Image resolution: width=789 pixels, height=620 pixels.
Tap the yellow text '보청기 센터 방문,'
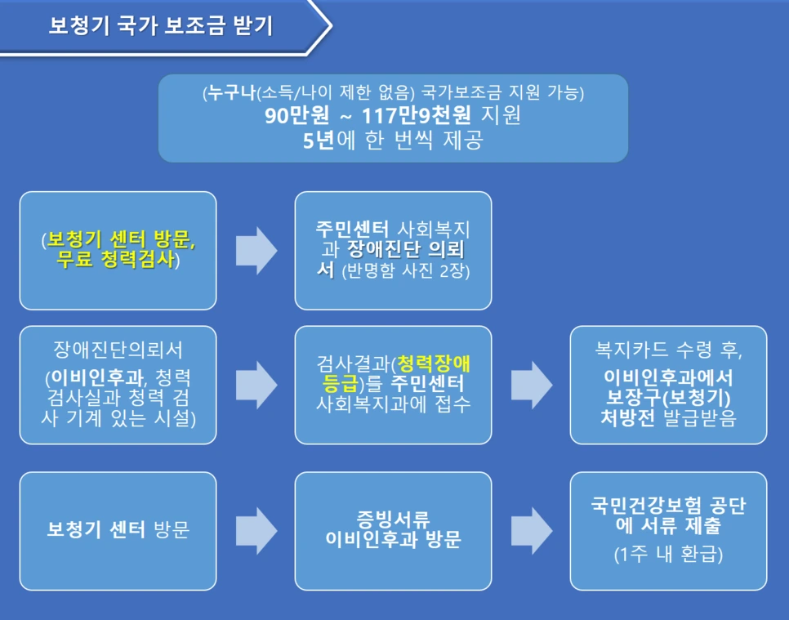(122, 240)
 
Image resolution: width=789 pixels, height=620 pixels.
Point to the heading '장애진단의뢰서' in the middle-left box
(118, 350)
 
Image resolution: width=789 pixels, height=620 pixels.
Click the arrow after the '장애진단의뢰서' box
(256, 385)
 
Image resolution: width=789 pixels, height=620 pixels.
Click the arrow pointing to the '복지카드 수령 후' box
(531, 385)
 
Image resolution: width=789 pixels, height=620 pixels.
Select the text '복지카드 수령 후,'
(668, 350)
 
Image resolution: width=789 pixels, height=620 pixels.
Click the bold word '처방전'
(624, 418)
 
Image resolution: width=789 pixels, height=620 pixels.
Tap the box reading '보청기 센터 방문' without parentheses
(118, 531)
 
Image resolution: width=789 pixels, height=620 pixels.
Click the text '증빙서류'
(393, 518)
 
